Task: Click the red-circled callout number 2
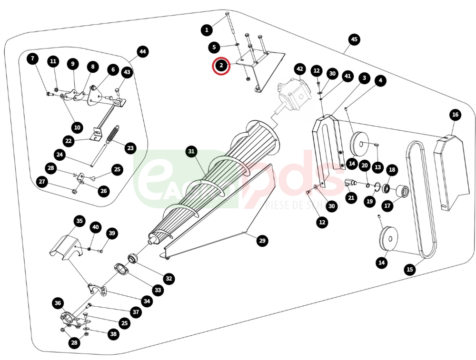(221, 65)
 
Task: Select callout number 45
(353, 39)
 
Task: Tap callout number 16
(455, 115)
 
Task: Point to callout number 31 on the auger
(191, 152)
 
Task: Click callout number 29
(262, 241)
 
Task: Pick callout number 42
(299, 69)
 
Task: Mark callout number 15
(410, 269)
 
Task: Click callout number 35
(79, 221)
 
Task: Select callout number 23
(130, 148)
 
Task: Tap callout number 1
(206, 30)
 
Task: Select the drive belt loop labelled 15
(421, 200)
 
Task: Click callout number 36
(58, 303)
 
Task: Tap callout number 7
(32, 59)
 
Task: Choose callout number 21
(351, 197)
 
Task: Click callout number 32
(169, 278)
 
